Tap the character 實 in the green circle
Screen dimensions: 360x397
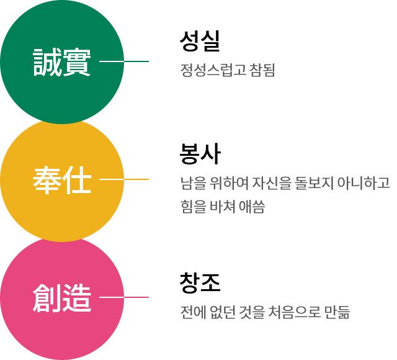tap(77, 62)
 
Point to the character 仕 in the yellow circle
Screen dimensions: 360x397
tap(77, 180)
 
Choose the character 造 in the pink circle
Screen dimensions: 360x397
tap(77, 298)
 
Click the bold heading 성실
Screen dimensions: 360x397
tap(200, 41)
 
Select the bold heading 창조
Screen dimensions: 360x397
tap(200, 283)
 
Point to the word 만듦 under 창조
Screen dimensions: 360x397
tap(337, 312)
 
